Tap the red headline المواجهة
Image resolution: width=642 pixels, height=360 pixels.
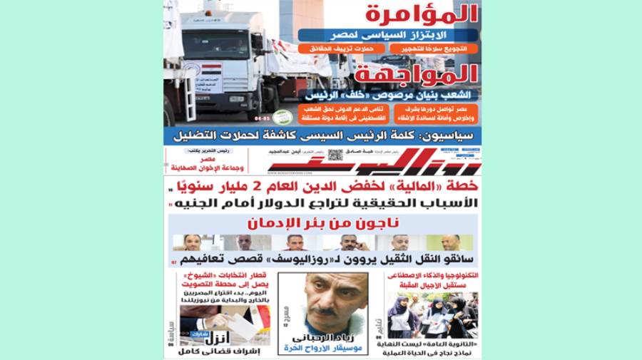[x=420, y=74]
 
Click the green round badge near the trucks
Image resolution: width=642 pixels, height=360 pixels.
[x=282, y=116]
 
